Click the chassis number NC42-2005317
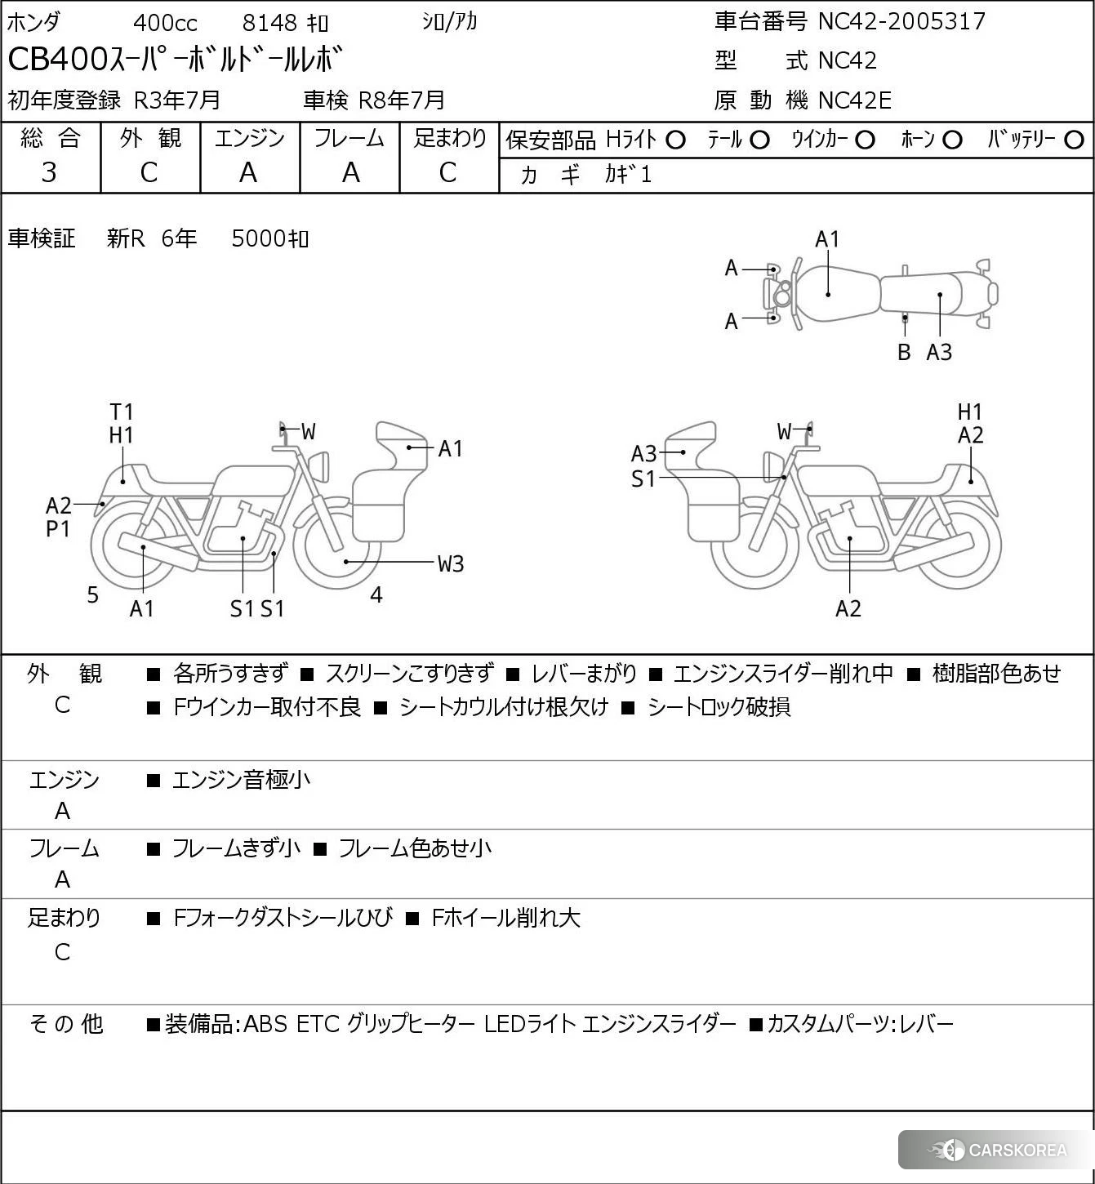tap(901, 21)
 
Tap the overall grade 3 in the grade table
tap(50, 172)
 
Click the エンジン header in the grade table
tap(250, 138)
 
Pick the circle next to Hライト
tap(675, 140)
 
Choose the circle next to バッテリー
tap(1075, 140)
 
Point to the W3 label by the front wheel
tap(451, 563)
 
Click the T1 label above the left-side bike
tap(122, 412)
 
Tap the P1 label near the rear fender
tap(58, 529)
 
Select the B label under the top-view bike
tap(904, 352)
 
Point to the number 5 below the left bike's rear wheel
tap(93, 595)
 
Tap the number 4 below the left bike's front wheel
tap(376, 595)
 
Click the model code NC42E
tap(854, 100)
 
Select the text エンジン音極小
tap(242, 780)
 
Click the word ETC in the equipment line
tap(317, 1024)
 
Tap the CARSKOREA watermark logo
tap(998, 1151)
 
